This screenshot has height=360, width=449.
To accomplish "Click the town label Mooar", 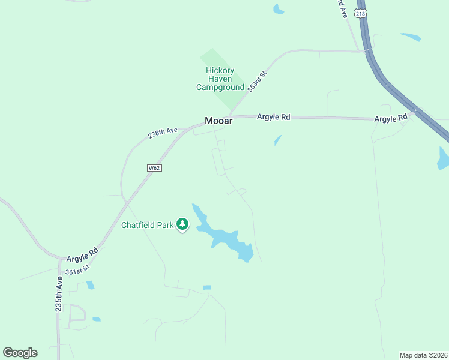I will (x=218, y=121).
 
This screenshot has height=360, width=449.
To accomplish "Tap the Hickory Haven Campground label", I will (x=220, y=79).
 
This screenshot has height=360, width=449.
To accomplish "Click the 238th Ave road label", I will (x=163, y=133).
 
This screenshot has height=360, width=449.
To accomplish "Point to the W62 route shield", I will (x=154, y=168).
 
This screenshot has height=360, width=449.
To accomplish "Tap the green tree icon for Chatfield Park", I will (x=183, y=224).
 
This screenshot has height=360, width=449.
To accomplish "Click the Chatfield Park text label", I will (x=148, y=226).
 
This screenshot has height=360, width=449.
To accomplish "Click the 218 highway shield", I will (x=360, y=14).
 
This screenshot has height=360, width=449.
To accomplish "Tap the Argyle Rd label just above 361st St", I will (x=82, y=254).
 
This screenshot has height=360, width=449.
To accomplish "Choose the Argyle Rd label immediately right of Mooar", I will (x=273, y=117).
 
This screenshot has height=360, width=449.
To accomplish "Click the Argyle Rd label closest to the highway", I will (x=391, y=119).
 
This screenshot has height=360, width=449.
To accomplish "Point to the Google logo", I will (x=20, y=353).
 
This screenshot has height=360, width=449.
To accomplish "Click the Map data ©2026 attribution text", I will (x=423, y=355).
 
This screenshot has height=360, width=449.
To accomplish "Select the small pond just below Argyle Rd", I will (x=277, y=140).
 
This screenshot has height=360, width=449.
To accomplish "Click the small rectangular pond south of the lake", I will (x=207, y=288).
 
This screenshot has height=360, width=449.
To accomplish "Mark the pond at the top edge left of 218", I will (x=279, y=9).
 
